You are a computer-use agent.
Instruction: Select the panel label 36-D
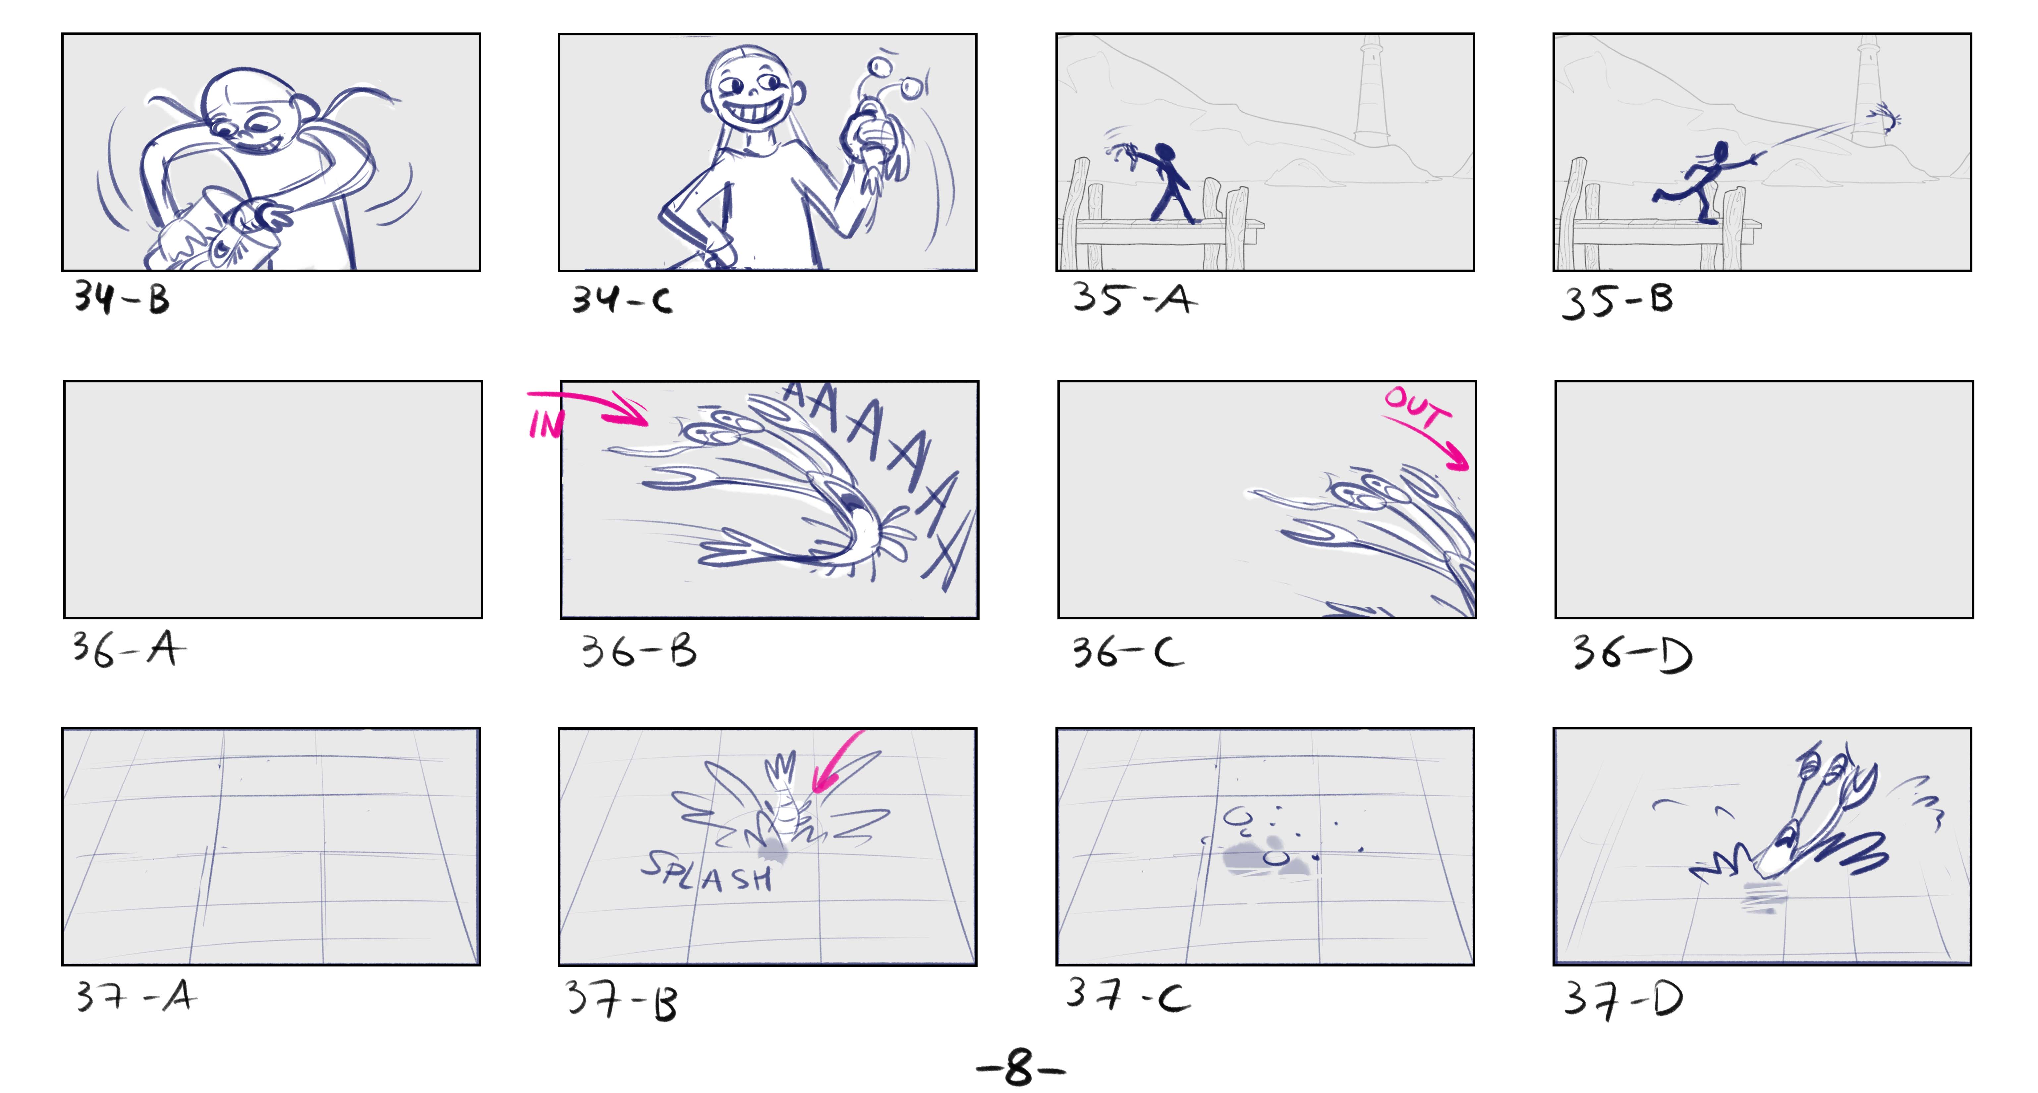[x=1631, y=653]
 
